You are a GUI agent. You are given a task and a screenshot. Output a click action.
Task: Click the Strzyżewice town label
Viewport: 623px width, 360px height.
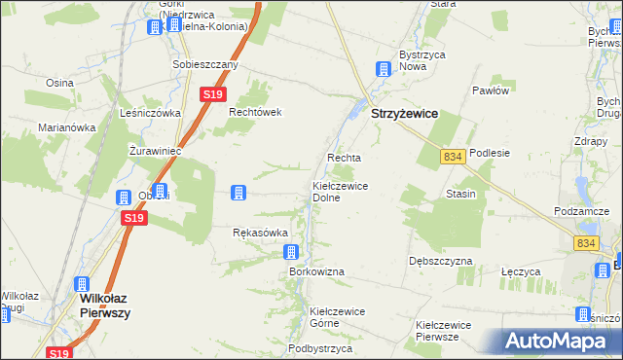(x=404, y=114)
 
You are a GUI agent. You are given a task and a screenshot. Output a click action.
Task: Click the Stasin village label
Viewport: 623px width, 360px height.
(x=460, y=194)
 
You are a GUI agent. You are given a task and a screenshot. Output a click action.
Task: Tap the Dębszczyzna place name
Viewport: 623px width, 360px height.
(x=440, y=262)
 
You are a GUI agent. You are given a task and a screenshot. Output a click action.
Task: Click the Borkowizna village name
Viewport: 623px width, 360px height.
(x=316, y=271)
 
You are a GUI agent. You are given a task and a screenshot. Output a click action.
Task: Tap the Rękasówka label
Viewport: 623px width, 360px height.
(x=261, y=234)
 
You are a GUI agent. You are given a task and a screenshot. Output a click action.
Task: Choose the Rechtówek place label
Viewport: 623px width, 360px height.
(x=255, y=112)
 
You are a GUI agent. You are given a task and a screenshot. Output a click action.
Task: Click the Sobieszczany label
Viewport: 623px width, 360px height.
(x=205, y=65)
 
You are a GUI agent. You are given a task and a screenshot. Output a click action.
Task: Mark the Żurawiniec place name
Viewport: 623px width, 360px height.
(x=156, y=151)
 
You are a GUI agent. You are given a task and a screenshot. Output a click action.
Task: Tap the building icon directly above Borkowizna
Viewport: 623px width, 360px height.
(x=292, y=253)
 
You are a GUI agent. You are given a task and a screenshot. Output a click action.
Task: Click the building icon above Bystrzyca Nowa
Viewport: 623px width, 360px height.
(x=384, y=70)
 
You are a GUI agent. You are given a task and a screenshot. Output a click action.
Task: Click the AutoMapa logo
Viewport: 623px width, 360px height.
(x=556, y=341)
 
